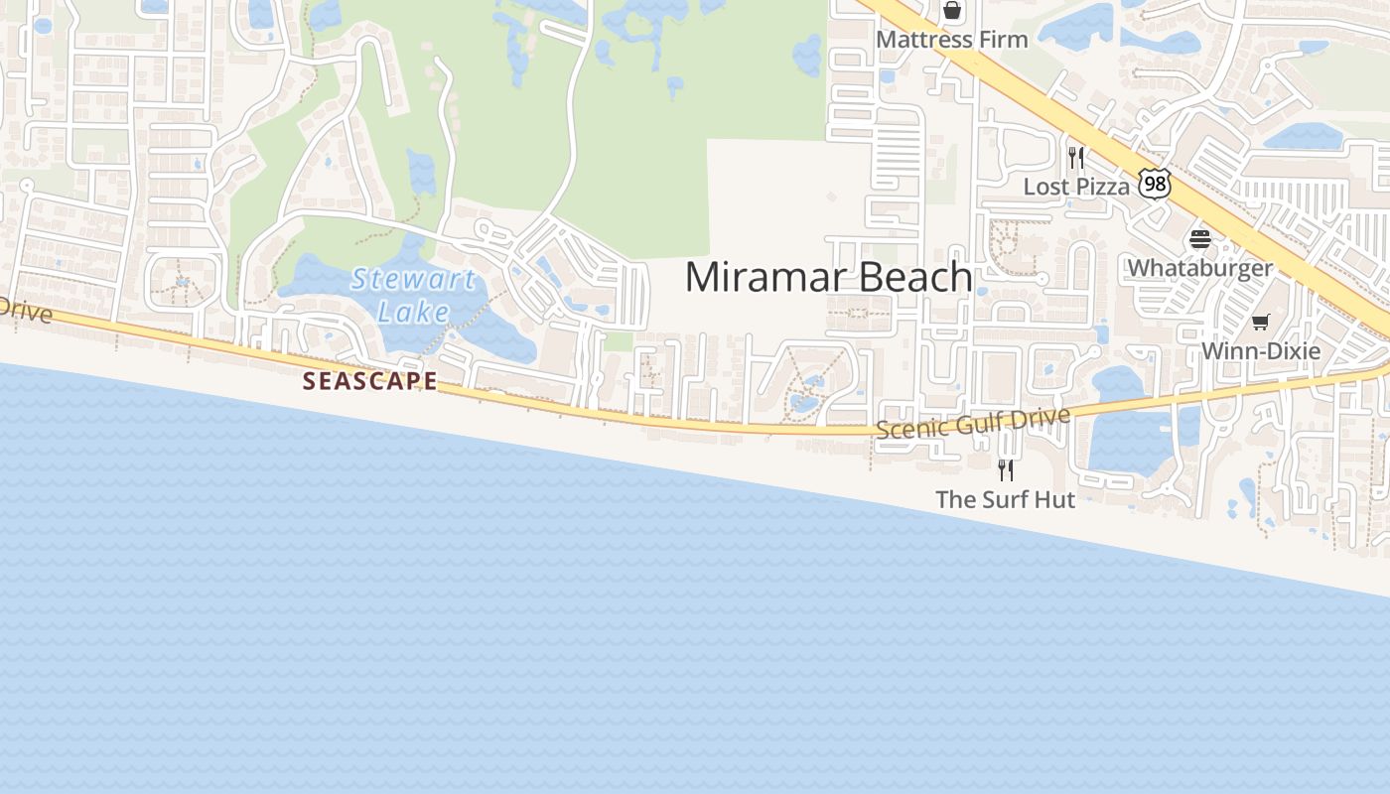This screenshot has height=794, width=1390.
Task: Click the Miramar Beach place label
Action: [828, 277]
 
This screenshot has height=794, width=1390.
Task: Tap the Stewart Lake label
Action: [413, 295]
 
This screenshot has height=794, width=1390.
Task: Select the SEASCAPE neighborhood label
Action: [369, 380]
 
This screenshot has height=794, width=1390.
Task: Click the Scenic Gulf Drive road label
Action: [972, 422]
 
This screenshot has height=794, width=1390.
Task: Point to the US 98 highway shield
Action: [1155, 183]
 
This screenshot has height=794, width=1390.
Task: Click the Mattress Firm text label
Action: [951, 40]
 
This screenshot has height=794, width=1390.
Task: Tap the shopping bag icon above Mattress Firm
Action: [952, 11]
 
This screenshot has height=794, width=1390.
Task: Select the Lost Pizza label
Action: [1076, 187]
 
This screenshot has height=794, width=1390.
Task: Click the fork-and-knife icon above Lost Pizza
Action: [1075, 157]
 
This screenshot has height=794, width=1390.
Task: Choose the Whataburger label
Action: [1199, 268]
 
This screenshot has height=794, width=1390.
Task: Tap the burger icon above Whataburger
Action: [1199, 239]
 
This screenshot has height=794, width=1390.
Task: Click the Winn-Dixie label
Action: [1260, 350]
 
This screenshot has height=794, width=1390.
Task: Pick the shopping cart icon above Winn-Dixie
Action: [1260, 322]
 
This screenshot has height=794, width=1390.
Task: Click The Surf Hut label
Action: [1005, 499]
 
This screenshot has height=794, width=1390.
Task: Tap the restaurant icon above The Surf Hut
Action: [1006, 469]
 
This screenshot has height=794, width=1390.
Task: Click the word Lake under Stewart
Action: [413, 312]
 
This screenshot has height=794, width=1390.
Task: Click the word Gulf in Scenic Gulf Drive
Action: [978, 422]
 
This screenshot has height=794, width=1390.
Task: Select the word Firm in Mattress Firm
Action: [1002, 40]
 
